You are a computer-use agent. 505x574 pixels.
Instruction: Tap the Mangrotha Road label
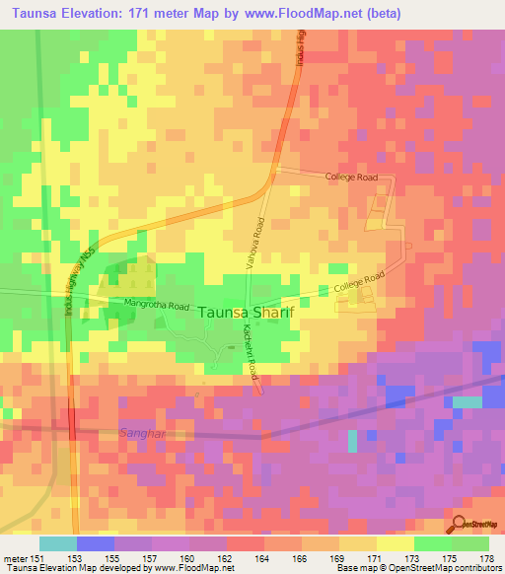(x=156, y=306)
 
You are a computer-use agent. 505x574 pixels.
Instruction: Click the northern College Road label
(x=352, y=177)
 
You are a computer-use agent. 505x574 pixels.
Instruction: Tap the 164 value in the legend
(x=262, y=557)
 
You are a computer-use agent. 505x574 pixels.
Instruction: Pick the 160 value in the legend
(x=189, y=557)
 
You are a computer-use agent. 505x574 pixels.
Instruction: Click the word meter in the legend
(x=16, y=557)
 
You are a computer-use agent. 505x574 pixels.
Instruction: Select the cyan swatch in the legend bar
(x=58, y=543)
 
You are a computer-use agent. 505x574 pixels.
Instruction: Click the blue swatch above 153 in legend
(x=96, y=543)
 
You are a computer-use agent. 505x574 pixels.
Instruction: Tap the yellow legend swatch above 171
(x=396, y=543)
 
